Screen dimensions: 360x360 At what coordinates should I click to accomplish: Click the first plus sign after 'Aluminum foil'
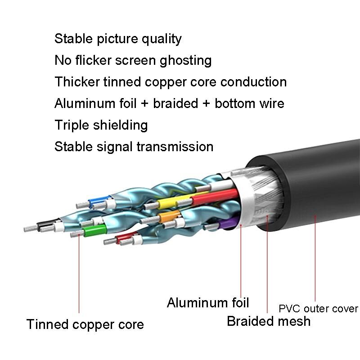pos(144,104)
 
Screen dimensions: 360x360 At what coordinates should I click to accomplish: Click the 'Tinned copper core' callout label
pos(85,324)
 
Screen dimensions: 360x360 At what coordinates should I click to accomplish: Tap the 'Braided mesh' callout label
pos(269,321)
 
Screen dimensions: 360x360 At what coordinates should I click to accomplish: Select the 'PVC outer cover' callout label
pos(318,309)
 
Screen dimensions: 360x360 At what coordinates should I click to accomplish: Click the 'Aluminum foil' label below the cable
pos(208,302)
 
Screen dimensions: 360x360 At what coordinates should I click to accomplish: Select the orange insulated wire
pos(169,218)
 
